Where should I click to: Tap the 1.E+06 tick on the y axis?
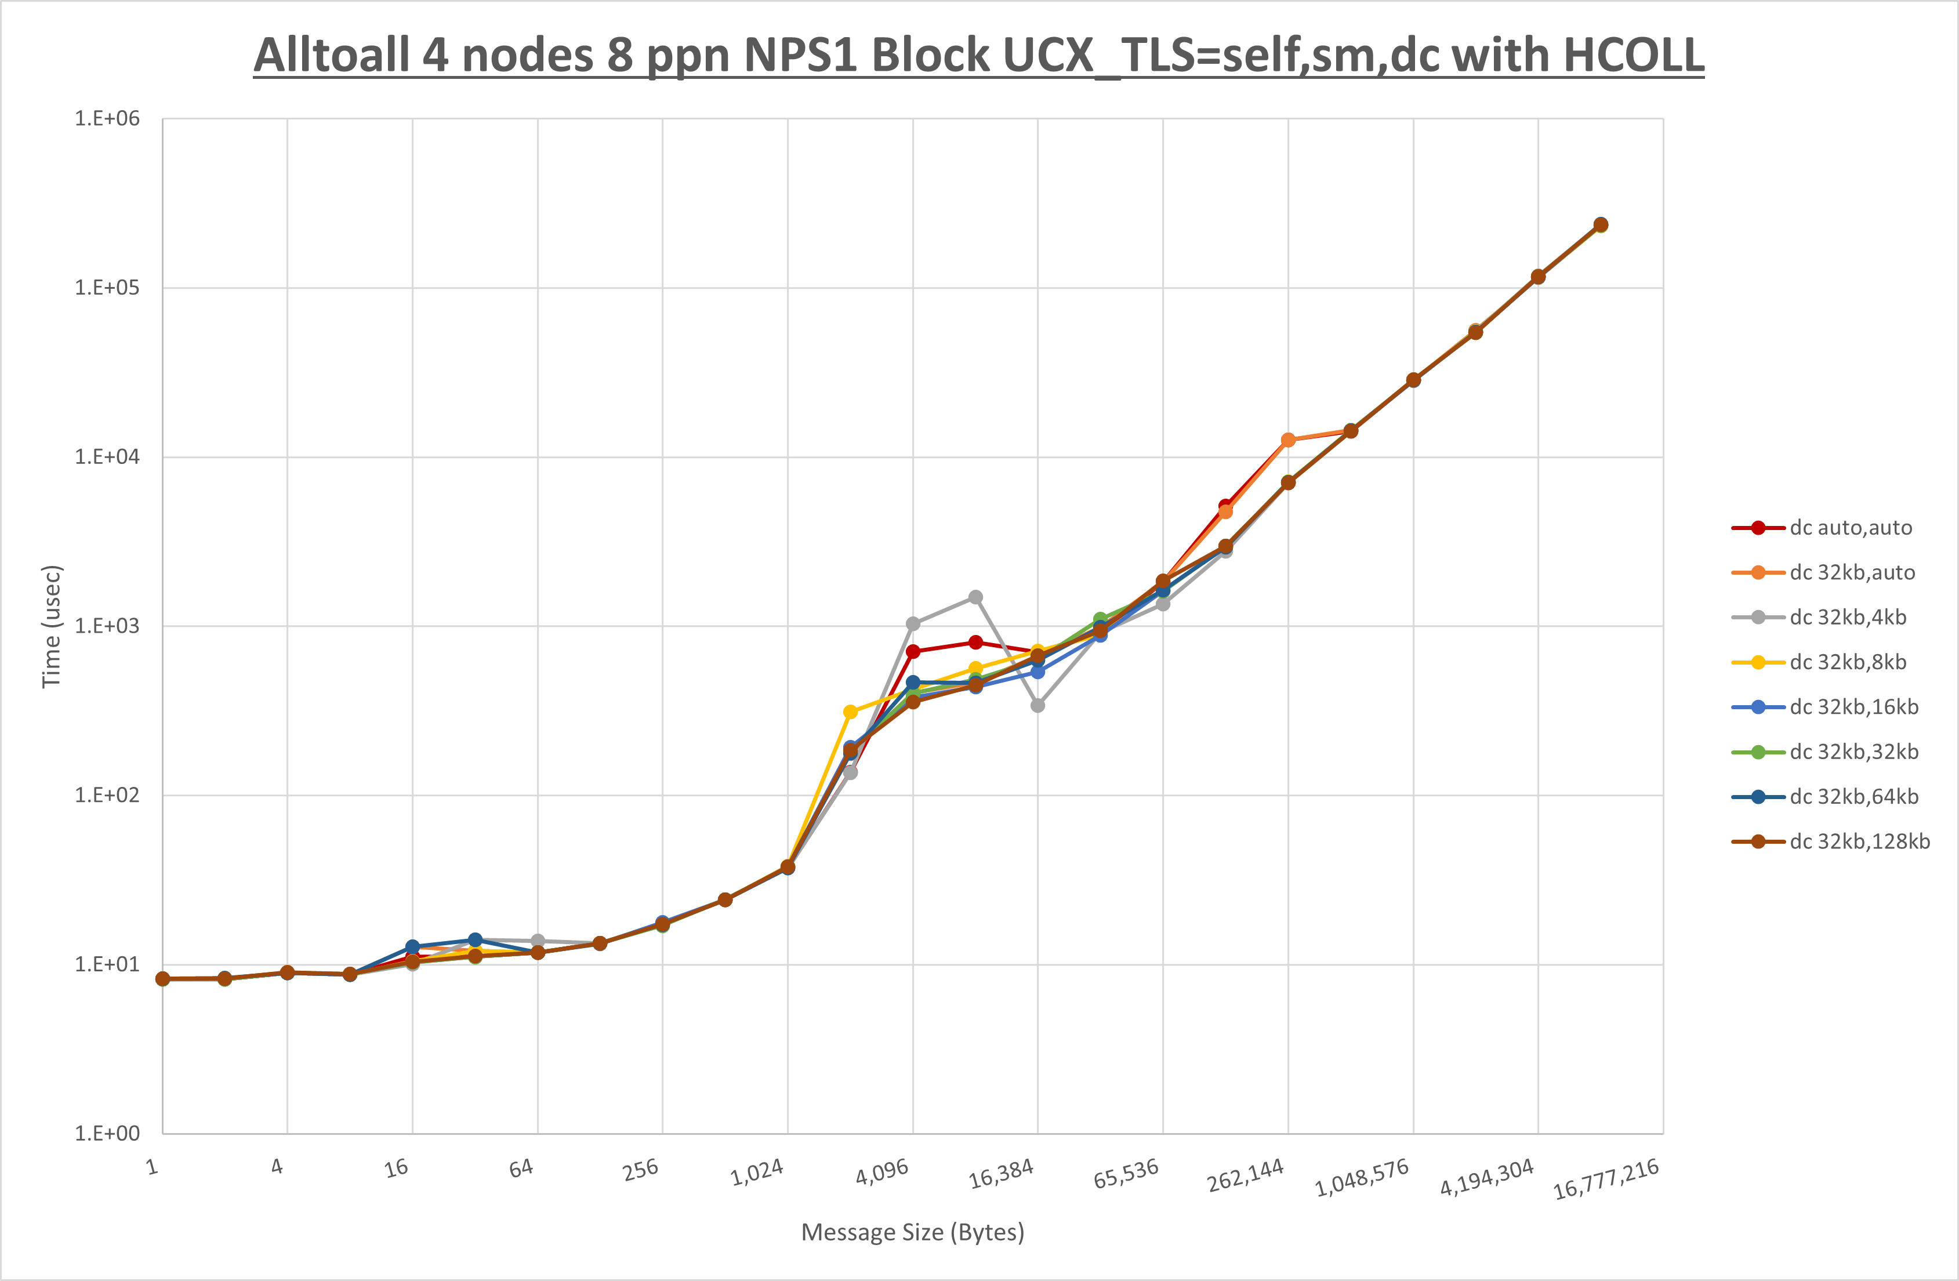(107, 118)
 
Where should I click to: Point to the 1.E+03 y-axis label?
(107, 626)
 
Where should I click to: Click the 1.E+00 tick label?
(107, 1134)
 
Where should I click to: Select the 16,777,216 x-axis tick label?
(1605, 1179)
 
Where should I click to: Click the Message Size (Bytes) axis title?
(912, 1232)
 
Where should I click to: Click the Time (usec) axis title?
(51, 626)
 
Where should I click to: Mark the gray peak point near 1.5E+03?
(975, 597)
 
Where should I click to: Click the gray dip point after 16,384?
(1038, 706)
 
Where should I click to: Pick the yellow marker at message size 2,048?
(850, 712)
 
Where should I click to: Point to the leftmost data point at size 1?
(163, 979)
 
